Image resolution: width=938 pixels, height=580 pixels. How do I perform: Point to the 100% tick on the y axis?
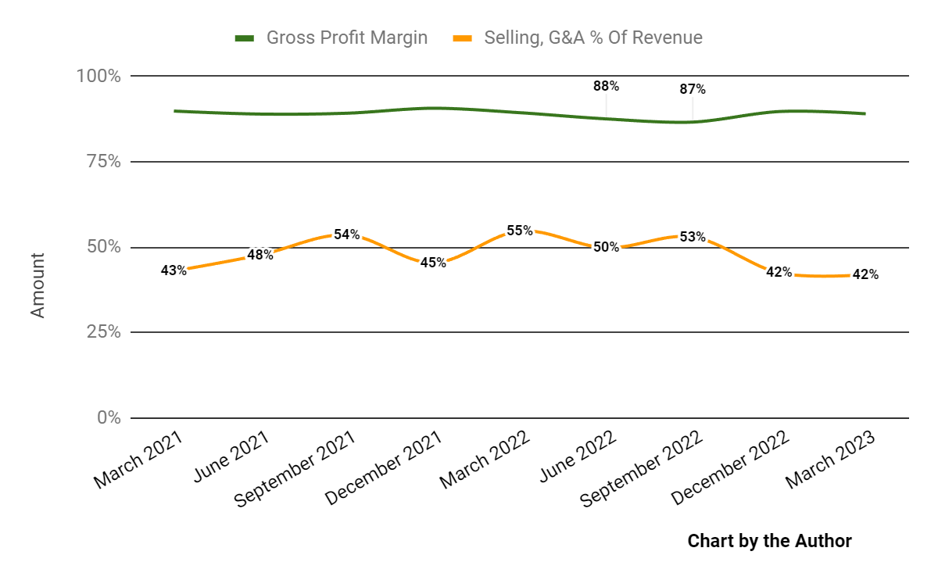tap(98, 77)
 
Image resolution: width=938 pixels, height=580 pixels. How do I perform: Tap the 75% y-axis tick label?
tap(101, 162)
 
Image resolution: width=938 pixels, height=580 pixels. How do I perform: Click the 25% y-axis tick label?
tap(101, 332)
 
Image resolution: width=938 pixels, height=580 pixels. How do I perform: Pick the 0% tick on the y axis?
tap(108, 418)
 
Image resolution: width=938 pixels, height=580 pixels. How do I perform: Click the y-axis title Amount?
tap(38, 285)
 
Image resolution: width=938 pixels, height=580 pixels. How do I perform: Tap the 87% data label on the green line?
tap(692, 89)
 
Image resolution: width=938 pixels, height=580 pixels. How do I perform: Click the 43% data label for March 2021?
tap(174, 270)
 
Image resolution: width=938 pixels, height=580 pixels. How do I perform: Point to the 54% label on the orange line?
tap(346, 234)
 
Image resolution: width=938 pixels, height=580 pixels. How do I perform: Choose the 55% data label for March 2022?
tap(519, 231)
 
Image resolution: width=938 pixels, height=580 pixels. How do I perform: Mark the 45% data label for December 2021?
tap(433, 263)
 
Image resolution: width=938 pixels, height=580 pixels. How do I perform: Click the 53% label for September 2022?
tap(693, 237)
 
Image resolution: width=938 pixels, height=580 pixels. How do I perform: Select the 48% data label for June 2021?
tap(260, 254)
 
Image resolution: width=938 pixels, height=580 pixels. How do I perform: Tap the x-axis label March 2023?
tap(830, 461)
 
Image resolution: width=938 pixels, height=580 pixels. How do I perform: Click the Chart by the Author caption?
tap(769, 541)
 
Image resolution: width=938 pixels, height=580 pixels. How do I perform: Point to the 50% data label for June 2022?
tap(606, 247)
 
